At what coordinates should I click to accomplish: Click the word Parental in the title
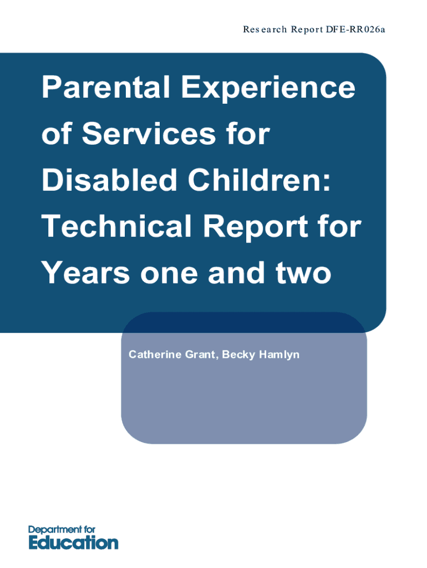tap(106, 87)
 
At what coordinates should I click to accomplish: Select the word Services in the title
tap(149, 133)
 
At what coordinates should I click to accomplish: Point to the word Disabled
tap(109, 180)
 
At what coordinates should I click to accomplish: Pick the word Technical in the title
tap(116, 226)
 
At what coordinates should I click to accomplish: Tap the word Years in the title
tap(85, 272)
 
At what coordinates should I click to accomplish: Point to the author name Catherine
tap(155, 354)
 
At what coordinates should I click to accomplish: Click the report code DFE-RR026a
tap(355, 29)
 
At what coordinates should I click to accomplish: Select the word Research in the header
tap(265, 29)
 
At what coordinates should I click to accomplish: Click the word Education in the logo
tap(74, 542)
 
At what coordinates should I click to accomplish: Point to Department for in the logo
tap(62, 530)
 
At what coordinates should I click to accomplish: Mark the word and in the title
tap(236, 272)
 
